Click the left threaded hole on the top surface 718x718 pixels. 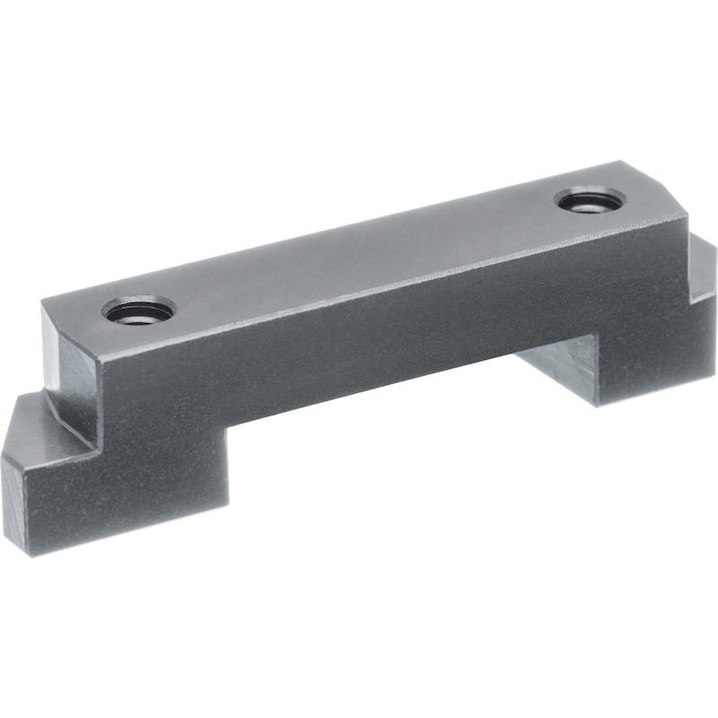click(138, 311)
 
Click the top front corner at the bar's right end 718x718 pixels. click(687, 215)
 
